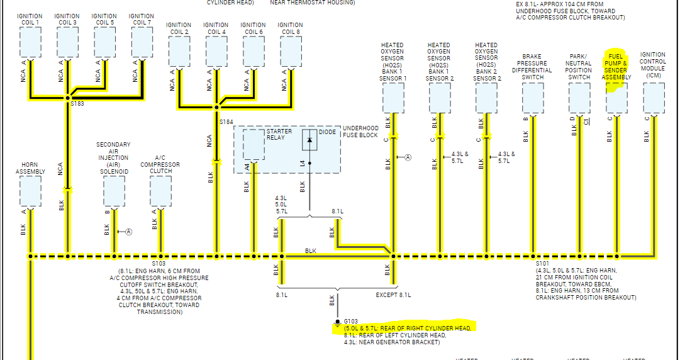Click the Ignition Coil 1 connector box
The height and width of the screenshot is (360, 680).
pos(30,42)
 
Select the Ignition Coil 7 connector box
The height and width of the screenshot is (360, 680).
pos(142,42)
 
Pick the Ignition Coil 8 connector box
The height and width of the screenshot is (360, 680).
pos(291,51)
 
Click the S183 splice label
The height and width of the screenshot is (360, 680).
pos(77,104)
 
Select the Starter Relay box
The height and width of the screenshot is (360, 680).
pos(254,145)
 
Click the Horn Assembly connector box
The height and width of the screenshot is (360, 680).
pos(30,191)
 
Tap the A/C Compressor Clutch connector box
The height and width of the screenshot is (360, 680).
pos(160,191)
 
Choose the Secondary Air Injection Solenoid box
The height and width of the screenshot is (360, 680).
pos(114,191)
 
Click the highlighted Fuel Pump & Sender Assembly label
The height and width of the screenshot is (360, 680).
pos(616,67)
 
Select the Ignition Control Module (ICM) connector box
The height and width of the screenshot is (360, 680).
pos(654,98)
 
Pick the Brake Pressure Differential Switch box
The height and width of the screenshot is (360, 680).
pos(533,98)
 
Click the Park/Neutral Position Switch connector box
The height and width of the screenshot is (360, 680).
pos(579,98)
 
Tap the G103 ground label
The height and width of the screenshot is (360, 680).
pos(350,320)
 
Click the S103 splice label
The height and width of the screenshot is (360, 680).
pos(159,264)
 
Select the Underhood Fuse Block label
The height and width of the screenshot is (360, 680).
pos(360,132)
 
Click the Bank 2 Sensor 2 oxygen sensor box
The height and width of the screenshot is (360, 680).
pos(486,98)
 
